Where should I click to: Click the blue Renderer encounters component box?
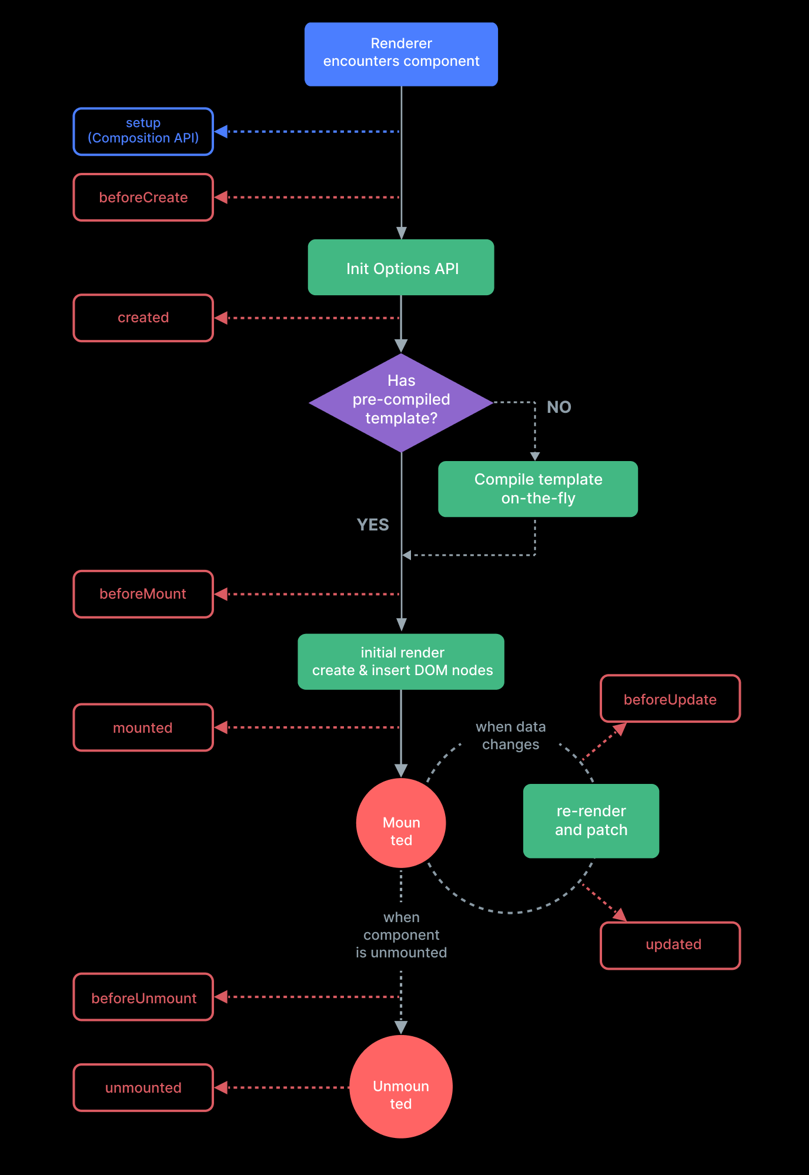(401, 54)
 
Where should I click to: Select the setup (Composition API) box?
(143, 131)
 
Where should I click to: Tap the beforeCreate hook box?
(143, 197)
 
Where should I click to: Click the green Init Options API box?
(401, 268)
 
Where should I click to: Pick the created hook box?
(143, 318)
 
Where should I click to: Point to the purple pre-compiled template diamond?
(401, 402)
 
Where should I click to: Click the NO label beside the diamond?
(559, 407)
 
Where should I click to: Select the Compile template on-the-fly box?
(537, 489)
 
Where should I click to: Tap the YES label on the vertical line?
(373, 525)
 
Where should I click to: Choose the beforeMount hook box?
(143, 594)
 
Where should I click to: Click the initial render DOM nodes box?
(401, 662)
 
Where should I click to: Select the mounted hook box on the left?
(143, 727)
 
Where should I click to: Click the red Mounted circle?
(401, 823)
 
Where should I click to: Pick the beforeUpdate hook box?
(670, 699)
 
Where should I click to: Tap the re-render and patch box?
(591, 820)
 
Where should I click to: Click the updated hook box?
(670, 945)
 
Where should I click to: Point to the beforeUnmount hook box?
(143, 997)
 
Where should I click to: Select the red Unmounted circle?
(401, 1087)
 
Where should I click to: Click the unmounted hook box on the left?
(143, 1087)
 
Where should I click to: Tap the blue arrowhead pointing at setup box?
(221, 132)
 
